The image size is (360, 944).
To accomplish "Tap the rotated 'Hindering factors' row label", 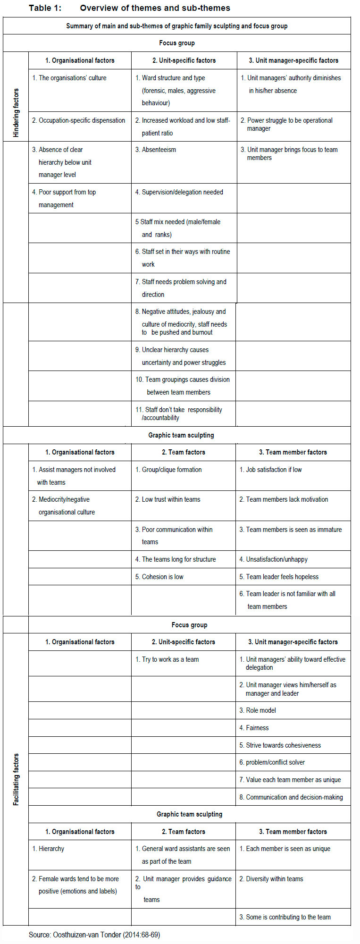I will [16, 113].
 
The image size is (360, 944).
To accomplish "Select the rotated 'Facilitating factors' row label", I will [16, 779].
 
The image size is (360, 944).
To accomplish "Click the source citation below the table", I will [94, 934].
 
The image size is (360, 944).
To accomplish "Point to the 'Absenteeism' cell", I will [159, 150].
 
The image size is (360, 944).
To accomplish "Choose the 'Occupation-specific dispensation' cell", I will [79, 120].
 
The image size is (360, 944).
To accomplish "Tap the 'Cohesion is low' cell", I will [162, 576].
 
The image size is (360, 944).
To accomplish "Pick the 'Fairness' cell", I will [257, 728].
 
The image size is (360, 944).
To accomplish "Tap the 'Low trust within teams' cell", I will [171, 499].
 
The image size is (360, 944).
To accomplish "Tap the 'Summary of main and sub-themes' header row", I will [177, 26].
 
